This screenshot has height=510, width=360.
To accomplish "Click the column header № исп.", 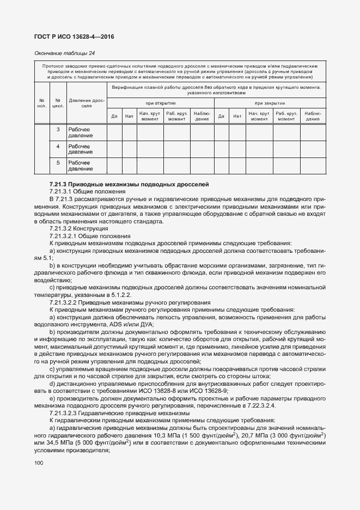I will [42, 103].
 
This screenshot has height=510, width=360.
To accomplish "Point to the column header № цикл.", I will [58, 103].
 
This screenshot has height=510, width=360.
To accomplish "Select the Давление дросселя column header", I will [86, 103].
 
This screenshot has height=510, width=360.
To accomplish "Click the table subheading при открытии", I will [160, 103].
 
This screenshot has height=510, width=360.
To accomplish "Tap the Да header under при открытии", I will [114, 116].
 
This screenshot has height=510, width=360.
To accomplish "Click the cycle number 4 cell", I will [58, 147].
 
